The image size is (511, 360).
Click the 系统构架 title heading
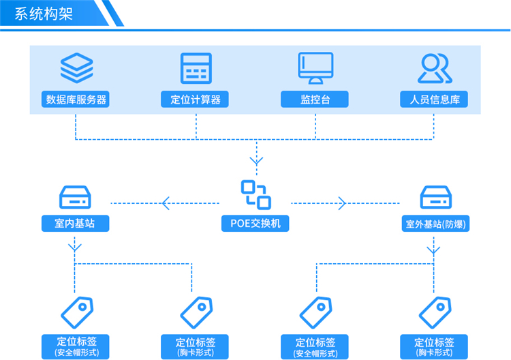44,13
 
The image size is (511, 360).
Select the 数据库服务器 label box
76,100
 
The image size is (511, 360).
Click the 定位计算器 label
196,100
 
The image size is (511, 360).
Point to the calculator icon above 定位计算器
196,68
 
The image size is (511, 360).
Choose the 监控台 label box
315,100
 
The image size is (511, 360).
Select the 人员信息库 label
434,100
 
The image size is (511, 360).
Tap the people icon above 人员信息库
434,67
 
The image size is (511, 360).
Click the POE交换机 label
255,223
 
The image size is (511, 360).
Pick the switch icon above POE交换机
255,194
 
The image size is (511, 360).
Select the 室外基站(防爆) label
435,223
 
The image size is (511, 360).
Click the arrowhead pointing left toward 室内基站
166,203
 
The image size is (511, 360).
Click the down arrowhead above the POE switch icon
255,162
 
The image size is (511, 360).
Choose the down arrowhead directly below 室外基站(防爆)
434,250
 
